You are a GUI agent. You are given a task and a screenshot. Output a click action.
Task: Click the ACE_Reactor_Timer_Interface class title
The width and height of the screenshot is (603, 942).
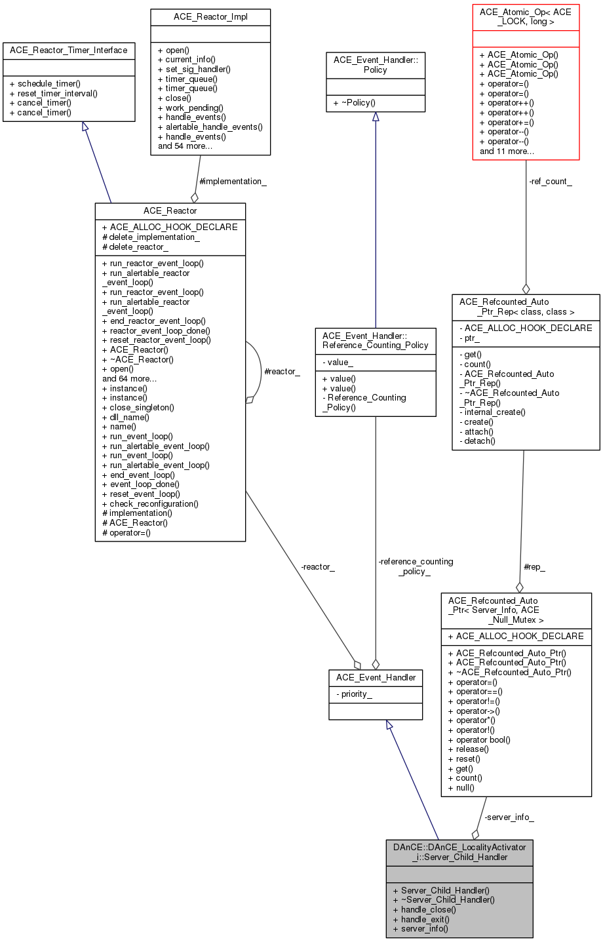69,50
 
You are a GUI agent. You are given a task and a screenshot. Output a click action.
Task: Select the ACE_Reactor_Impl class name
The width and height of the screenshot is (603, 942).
210,17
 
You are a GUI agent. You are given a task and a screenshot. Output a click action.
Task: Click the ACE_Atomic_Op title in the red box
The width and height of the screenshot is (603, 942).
526,17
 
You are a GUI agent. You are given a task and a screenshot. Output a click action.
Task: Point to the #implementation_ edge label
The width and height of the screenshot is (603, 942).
233,182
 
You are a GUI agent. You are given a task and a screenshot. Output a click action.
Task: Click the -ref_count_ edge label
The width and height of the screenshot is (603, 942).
550,182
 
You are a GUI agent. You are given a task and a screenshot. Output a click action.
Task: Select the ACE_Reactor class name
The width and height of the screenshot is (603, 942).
170,211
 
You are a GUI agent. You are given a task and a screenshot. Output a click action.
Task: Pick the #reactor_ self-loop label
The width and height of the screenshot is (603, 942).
282,372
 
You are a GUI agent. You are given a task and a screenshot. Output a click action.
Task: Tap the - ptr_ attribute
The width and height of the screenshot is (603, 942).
469,338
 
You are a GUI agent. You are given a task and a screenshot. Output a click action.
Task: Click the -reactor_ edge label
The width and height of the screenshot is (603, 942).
317,567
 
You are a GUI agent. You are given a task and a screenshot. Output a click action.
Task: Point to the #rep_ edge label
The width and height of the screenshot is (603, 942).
534,567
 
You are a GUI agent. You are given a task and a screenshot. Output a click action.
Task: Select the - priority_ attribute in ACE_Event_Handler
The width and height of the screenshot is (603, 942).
354,694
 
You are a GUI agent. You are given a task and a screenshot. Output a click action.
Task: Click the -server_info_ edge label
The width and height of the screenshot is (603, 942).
509,817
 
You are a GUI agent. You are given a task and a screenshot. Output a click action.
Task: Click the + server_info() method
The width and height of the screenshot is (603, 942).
421,929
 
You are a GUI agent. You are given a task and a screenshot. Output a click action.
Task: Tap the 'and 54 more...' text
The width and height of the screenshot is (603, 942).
185,146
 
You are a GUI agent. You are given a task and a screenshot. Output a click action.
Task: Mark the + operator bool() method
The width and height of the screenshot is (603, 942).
479,739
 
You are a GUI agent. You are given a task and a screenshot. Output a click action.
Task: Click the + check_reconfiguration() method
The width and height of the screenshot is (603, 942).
150,504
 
